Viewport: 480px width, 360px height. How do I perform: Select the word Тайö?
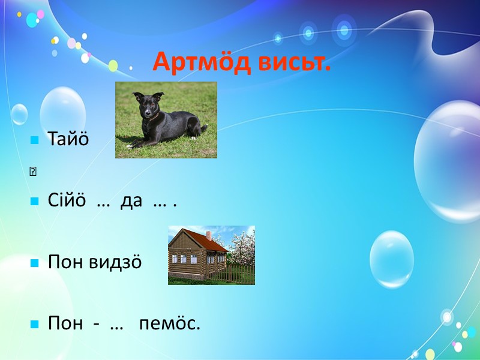pyautogui.click(x=68, y=139)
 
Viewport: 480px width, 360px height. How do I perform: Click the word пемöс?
pyautogui.click(x=169, y=323)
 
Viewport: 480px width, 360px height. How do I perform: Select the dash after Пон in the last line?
pyautogui.click(x=96, y=325)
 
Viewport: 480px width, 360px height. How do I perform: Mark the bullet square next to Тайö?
pyautogui.click(x=35, y=140)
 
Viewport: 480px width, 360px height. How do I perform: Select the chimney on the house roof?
pyautogui.click(x=208, y=235)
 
